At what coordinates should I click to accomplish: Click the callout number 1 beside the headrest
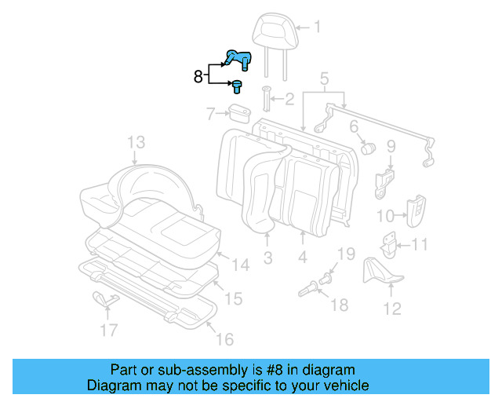(x=317, y=28)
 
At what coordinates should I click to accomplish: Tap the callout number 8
(x=199, y=76)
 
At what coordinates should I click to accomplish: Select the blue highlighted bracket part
(x=237, y=59)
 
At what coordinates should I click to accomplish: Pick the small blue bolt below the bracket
(x=237, y=86)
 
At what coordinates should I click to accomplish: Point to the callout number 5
(x=324, y=78)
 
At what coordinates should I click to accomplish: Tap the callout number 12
(x=391, y=308)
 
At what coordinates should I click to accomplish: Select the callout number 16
(x=224, y=339)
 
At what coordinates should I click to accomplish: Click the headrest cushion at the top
(x=270, y=31)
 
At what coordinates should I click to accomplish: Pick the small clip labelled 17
(x=104, y=298)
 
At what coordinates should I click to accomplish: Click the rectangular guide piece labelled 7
(x=238, y=114)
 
